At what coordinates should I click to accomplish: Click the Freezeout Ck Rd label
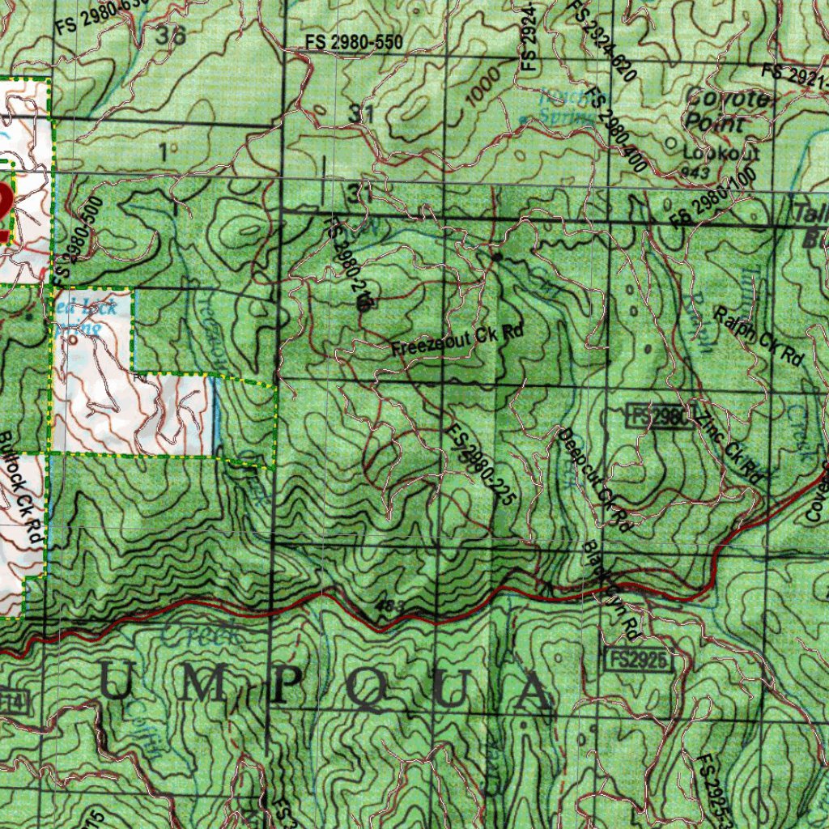click(x=457, y=341)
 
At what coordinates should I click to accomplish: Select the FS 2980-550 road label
click(x=354, y=43)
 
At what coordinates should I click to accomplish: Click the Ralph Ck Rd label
click(x=758, y=335)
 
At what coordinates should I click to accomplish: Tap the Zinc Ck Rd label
click(x=729, y=450)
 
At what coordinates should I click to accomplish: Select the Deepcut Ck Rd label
click(x=594, y=479)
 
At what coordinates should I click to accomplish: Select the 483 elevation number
click(x=389, y=606)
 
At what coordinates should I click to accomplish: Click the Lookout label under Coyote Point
click(x=711, y=151)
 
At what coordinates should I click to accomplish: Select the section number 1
click(x=168, y=151)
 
